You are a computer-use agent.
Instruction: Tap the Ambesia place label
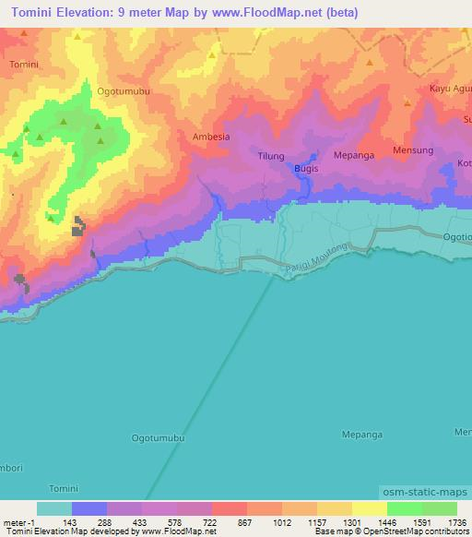210,137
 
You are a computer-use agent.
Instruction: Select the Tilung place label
271,156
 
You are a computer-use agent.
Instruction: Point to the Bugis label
306,171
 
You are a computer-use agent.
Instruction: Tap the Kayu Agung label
450,89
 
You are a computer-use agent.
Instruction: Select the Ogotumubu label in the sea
159,438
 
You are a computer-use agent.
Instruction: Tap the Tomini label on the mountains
24,65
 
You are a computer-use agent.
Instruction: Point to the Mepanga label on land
354,156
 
